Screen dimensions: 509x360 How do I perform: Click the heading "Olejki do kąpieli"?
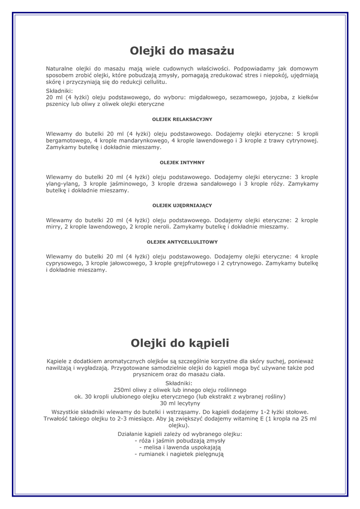pyautogui.click(x=180, y=343)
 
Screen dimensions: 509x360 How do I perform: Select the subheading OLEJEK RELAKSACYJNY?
pyautogui.click(x=182, y=119)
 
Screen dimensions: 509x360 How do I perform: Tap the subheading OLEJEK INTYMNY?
pyautogui.click(x=182, y=163)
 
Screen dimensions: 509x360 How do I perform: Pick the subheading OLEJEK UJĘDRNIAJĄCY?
pyautogui.click(x=182, y=205)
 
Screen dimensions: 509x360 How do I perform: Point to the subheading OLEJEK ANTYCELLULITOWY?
pyautogui.click(x=182, y=242)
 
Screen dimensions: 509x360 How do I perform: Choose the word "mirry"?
pyautogui.click(x=53, y=227)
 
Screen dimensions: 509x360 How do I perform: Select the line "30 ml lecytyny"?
pyautogui.click(x=180, y=403)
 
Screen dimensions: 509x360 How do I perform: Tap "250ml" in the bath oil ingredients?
pyautogui.click(x=122, y=390)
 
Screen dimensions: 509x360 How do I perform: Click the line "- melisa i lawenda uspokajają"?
pyautogui.click(x=180, y=447)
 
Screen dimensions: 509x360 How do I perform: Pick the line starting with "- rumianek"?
pyautogui.click(x=180, y=454)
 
